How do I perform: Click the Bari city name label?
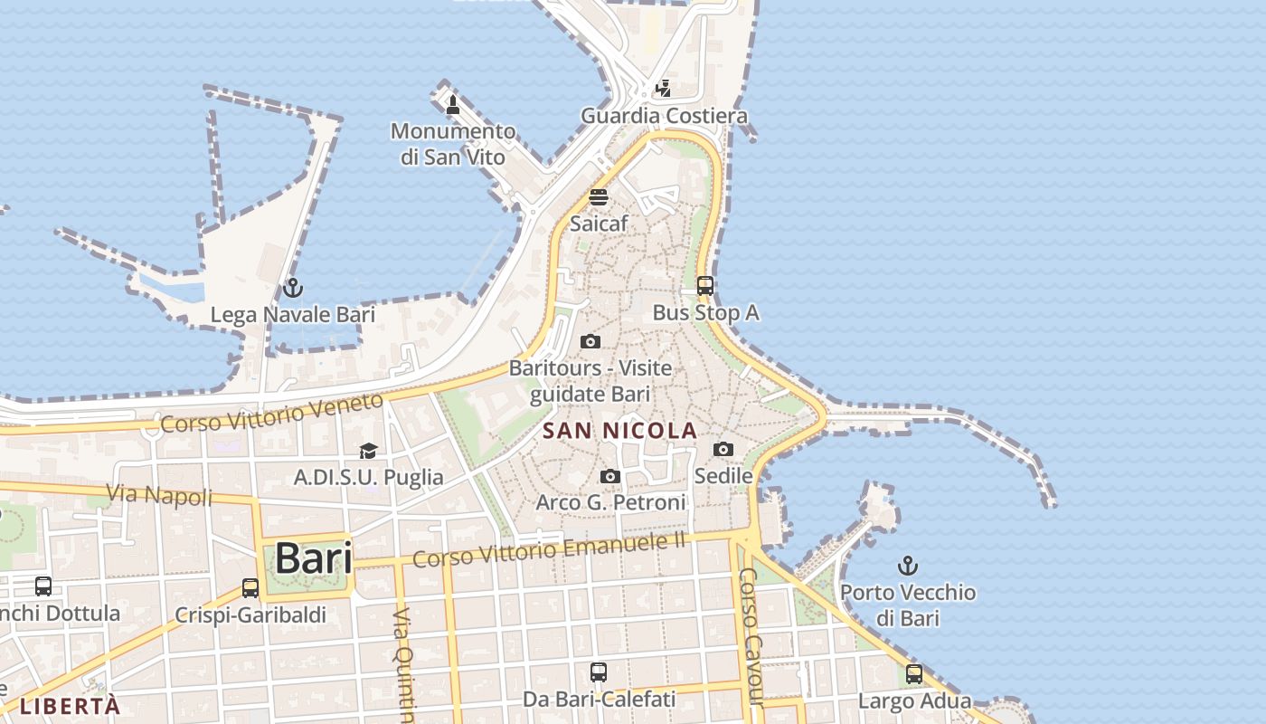(x=313, y=557)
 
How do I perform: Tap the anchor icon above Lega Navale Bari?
(x=292, y=288)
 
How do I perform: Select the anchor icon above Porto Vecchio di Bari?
(x=907, y=567)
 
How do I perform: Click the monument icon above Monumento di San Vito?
(x=453, y=105)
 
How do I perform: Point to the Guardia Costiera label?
(x=664, y=116)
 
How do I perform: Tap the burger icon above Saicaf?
(x=599, y=196)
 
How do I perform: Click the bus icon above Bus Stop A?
(x=705, y=286)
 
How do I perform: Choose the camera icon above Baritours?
(x=590, y=341)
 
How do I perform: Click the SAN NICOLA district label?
(x=620, y=431)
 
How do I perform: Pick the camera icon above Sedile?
(x=723, y=449)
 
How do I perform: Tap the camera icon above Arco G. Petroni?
(x=610, y=476)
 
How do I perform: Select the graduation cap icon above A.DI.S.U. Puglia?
(x=368, y=451)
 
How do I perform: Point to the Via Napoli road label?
(x=159, y=495)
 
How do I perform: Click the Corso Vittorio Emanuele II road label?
(x=549, y=549)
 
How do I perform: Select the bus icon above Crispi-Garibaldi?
(x=250, y=588)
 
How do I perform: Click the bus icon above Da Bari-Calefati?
(x=599, y=672)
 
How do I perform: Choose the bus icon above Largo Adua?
(x=914, y=674)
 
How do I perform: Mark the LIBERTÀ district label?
(x=70, y=706)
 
